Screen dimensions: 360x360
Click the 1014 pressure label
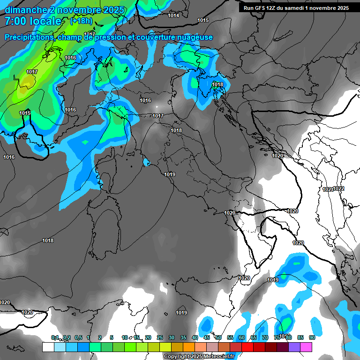(x=173, y=15)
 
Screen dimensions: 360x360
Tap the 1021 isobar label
(x=328, y=189)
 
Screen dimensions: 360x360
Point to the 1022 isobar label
(x=338, y=188)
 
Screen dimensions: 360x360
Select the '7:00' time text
(x=16, y=21)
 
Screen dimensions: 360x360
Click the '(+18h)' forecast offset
(x=81, y=21)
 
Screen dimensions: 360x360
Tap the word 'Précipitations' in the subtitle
(x=29, y=37)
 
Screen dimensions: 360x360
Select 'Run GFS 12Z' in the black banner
(x=260, y=8)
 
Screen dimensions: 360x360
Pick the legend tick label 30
(x=171, y=337)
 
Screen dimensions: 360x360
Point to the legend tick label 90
(x=312, y=337)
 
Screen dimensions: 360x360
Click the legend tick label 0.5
(x=77, y=337)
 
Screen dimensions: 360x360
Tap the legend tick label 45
(x=206, y=337)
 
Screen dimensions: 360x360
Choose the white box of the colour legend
(x=48, y=347)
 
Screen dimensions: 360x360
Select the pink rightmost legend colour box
(x=306, y=347)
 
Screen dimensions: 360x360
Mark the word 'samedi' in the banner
(x=297, y=8)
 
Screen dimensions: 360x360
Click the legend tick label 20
(x=148, y=337)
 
